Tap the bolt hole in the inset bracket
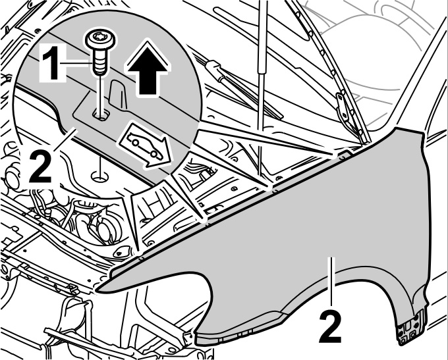coord(101,115)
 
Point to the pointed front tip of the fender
coord(99,287)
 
